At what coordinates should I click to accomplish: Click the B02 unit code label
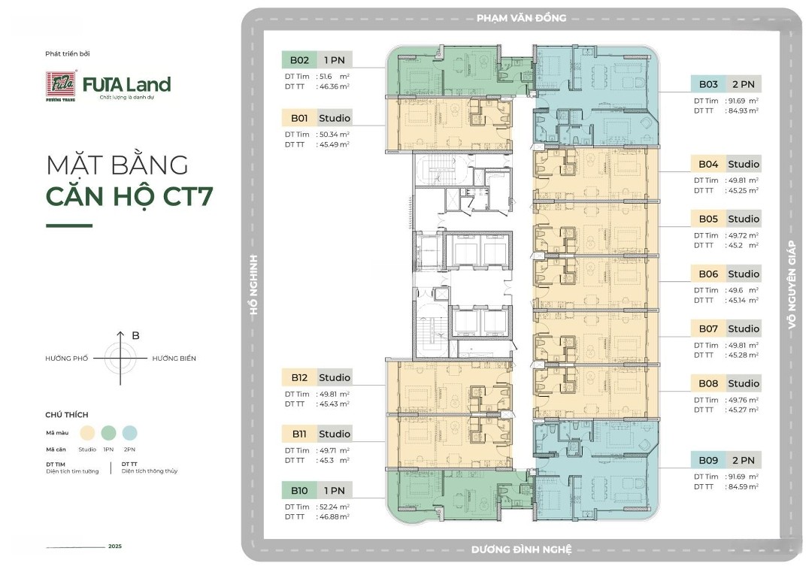pyautogui.click(x=299, y=60)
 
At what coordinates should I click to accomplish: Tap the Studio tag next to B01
pyautogui.click(x=335, y=118)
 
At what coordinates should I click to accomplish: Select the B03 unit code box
pyautogui.click(x=708, y=84)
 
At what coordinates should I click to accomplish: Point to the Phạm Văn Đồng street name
pyautogui.click(x=522, y=18)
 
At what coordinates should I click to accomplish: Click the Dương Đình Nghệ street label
pyautogui.click(x=522, y=549)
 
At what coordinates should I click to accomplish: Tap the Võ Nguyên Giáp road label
pyautogui.click(x=792, y=284)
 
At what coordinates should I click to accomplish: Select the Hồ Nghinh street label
pyautogui.click(x=253, y=284)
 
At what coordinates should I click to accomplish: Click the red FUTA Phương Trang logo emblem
pyautogui.click(x=61, y=85)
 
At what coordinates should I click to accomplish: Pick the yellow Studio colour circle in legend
pyautogui.click(x=87, y=433)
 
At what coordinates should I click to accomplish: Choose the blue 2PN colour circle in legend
pyautogui.click(x=129, y=433)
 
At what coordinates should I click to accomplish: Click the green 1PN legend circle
pyautogui.click(x=109, y=433)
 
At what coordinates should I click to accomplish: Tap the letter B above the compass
pyautogui.click(x=135, y=335)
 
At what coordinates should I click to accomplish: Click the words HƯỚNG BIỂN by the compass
pyautogui.click(x=174, y=359)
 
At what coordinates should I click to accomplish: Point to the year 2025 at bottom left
pyautogui.click(x=115, y=546)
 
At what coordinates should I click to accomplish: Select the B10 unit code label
pyautogui.click(x=299, y=490)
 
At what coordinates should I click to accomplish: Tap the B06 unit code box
pyautogui.click(x=708, y=274)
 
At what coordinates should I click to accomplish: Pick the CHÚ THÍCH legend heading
pyautogui.click(x=67, y=415)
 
